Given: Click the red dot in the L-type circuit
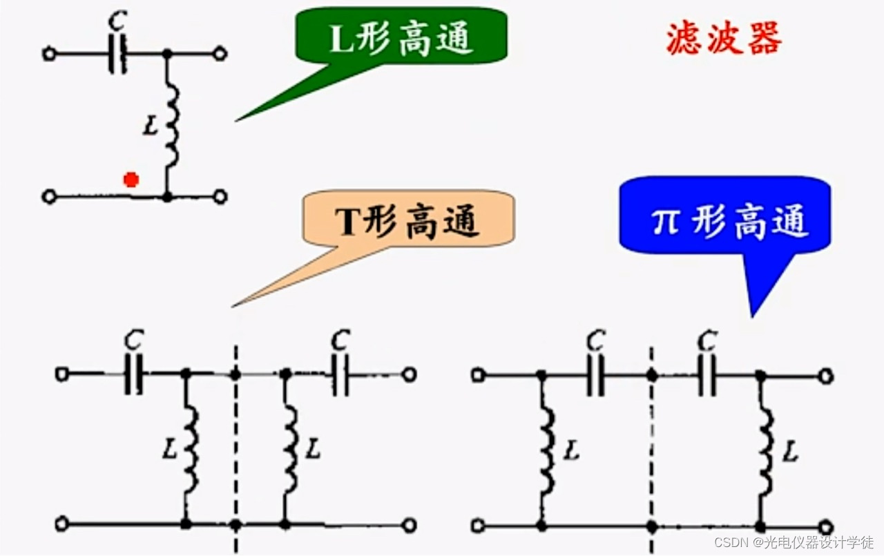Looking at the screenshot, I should (131, 180).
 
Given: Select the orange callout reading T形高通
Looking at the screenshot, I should (407, 220).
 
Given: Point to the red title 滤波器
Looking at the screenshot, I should (724, 39).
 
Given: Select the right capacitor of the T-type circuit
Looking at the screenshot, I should (340, 374).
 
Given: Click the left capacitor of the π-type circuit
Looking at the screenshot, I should (595, 376).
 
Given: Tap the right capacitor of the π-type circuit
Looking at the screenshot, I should (707, 376).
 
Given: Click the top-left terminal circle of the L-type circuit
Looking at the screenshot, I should (49, 54).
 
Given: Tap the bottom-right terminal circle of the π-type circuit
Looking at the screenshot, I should (825, 526).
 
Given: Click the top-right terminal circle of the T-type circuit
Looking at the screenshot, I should (410, 374).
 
